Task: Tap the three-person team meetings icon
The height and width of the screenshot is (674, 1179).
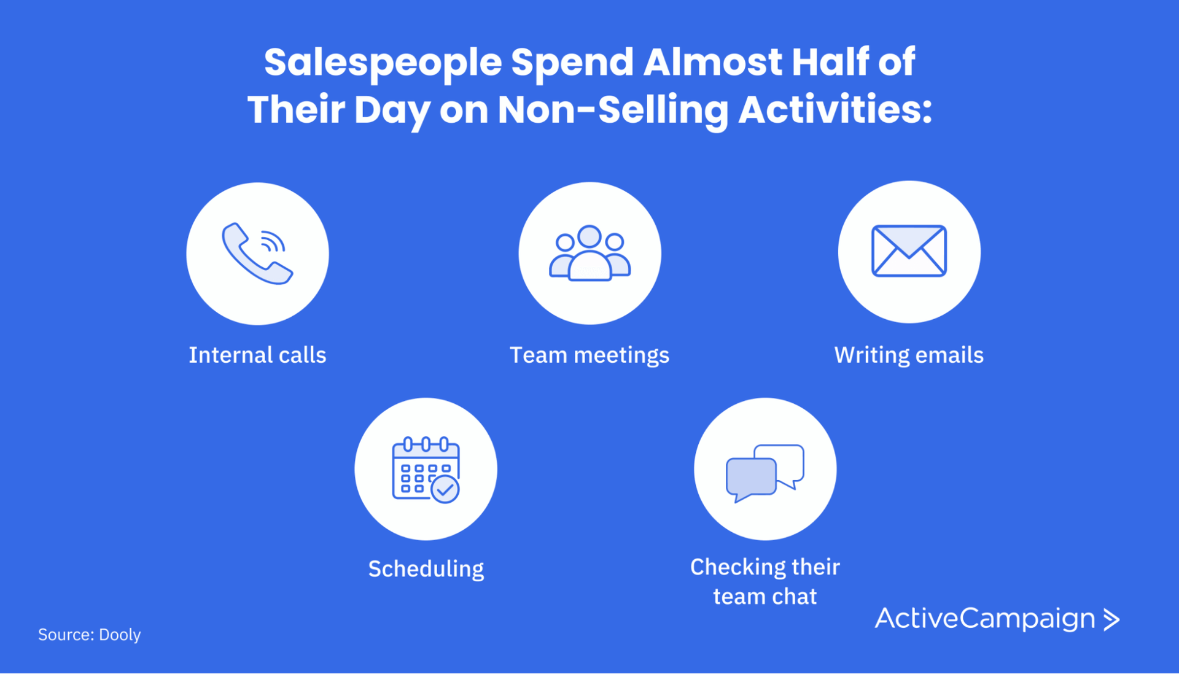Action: pyautogui.click(x=589, y=254)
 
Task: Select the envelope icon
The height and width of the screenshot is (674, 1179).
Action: pyautogui.click(x=909, y=251)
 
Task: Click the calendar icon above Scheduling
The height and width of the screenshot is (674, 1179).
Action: pyautogui.click(x=425, y=470)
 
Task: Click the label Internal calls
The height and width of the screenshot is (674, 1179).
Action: pyautogui.click(x=257, y=355)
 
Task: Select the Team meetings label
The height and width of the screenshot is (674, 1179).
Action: pyautogui.click(x=589, y=355)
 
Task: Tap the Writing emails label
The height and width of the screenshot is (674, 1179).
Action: pyautogui.click(x=909, y=355)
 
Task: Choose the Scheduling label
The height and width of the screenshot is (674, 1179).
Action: pyautogui.click(x=426, y=569)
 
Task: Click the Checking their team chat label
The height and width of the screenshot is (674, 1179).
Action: pyautogui.click(x=765, y=581)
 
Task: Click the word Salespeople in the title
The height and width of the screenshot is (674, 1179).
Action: pyautogui.click(x=383, y=63)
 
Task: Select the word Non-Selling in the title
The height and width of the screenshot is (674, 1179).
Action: pyautogui.click(x=612, y=110)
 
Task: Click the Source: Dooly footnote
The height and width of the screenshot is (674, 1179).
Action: pyautogui.click(x=90, y=634)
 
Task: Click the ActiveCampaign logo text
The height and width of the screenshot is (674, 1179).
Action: pyautogui.click(x=984, y=618)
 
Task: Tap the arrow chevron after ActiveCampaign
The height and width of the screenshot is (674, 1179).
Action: pyautogui.click(x=1111, y=619)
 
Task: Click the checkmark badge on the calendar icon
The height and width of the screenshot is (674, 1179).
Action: pyautogui.click(x=445, y=490)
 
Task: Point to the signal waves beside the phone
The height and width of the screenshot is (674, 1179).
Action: pyautogui.click(x=273, y=242)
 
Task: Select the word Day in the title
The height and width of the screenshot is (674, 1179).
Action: pyautogui.click(x=392, y=111)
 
